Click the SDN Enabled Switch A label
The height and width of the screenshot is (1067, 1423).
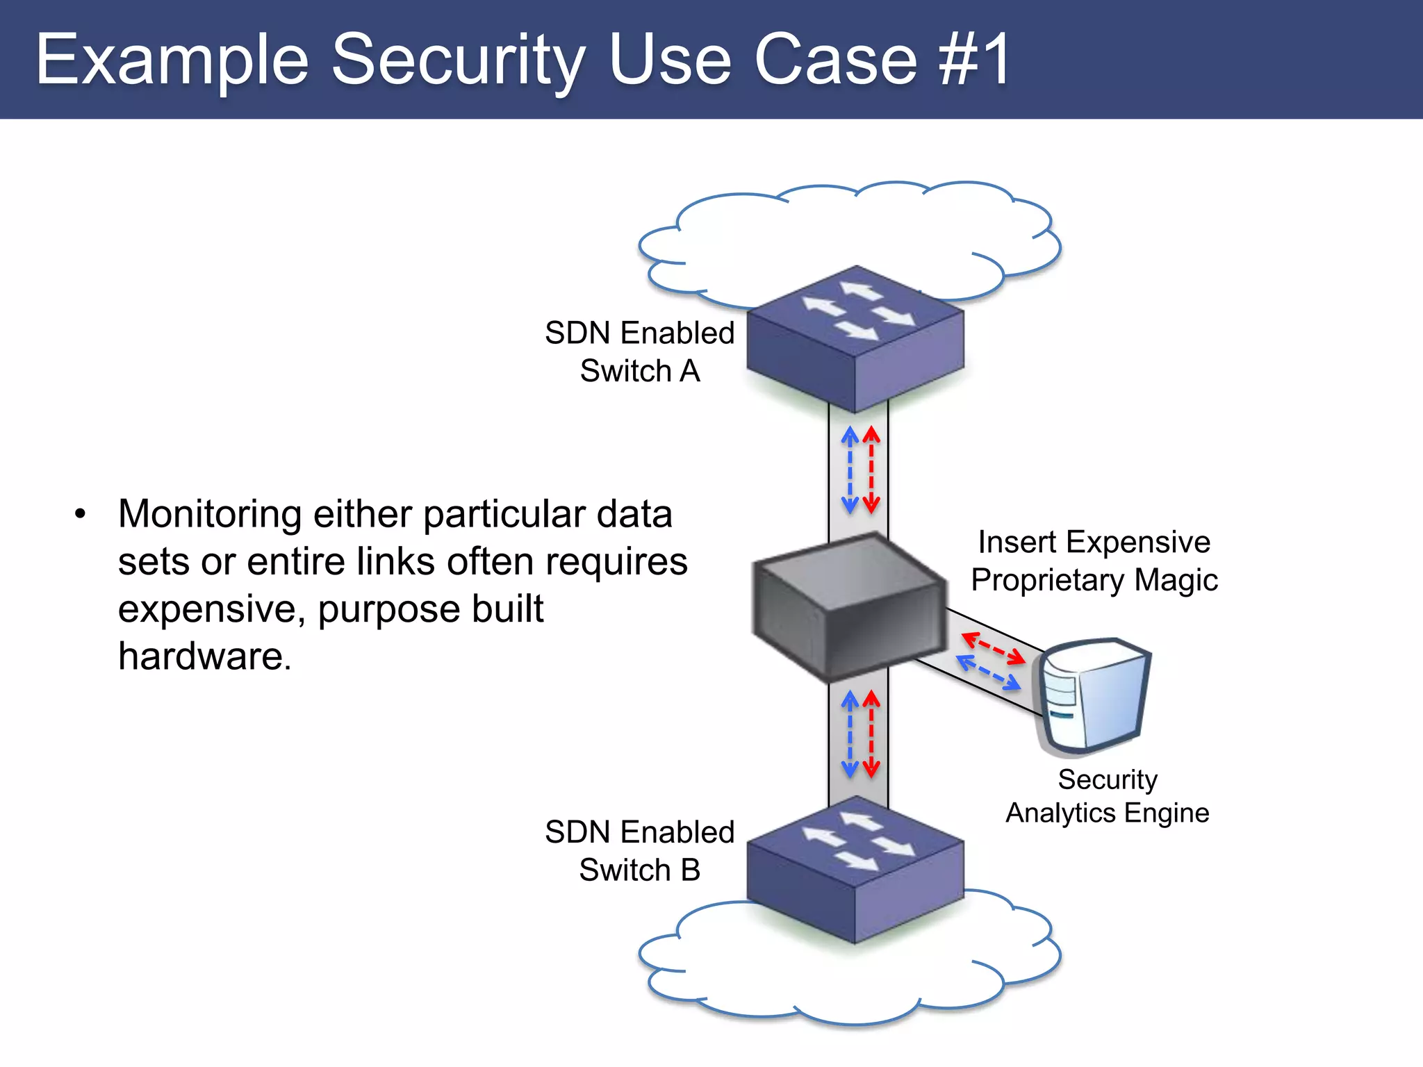point(639,351)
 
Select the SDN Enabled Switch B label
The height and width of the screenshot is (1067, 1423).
point(639,850)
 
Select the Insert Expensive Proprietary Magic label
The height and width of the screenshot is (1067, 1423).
point(1094,561)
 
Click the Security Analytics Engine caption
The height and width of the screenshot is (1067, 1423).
point(1108,796)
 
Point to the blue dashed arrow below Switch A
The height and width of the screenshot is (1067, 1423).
point(849,470)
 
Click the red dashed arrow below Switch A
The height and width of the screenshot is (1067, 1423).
point(871,470)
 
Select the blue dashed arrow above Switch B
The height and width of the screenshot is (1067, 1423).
point(849,734)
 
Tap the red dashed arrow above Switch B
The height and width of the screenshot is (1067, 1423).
point(871,734)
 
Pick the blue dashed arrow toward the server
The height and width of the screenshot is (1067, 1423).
point(989,672)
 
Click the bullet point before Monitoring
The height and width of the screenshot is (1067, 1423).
point(81,515)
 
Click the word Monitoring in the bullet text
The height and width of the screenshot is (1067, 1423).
point(209,515)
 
